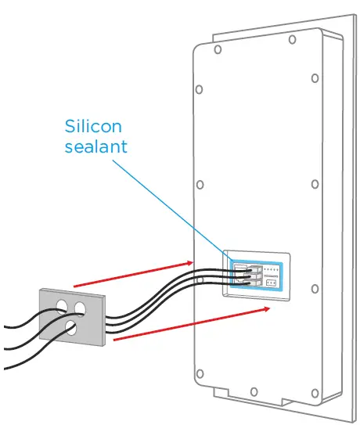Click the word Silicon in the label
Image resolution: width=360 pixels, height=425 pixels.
click(92, 127)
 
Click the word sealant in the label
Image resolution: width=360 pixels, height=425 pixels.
click(95, 146)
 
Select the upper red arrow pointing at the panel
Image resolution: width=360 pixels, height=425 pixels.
click(133, 275)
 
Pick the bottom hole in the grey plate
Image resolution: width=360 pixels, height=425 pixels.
click(70, 327)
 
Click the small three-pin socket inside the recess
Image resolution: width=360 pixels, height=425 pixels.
click(272, 281)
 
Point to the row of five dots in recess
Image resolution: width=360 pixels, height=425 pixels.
click(270, 268)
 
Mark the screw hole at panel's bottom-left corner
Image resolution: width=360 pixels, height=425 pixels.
click(200, 372)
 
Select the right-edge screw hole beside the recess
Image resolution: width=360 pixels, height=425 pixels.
click(315, 290)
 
